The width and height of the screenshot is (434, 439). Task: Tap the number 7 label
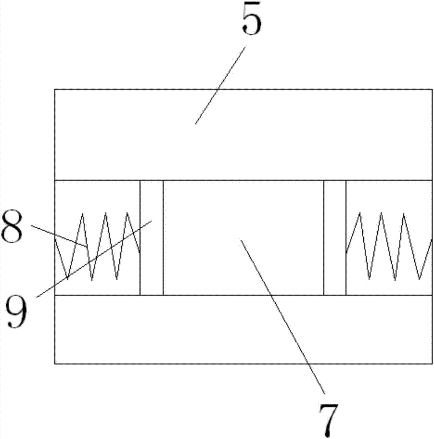coord(328,418)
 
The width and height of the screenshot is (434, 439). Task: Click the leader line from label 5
coord(220,86)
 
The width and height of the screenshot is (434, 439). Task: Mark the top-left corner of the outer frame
coord(55,89)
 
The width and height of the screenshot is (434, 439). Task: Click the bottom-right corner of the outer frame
coord(432,363)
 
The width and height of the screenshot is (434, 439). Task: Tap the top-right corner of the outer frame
coord(432,89)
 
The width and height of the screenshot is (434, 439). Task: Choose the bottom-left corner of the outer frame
coord(55,363)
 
